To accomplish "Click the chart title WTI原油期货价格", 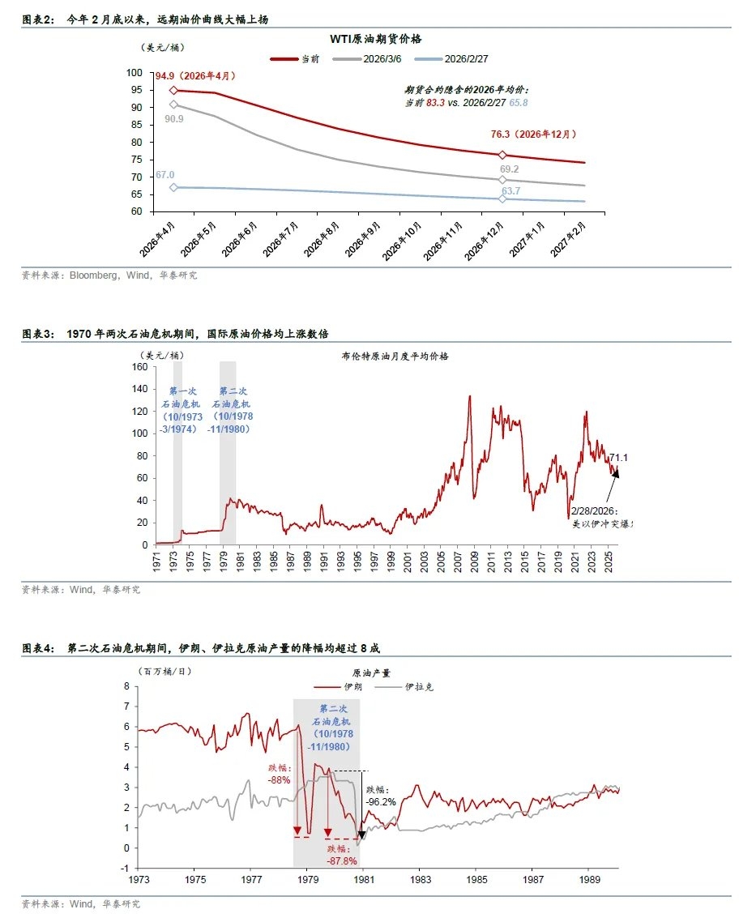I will pyautogui.click(x=375, y=39).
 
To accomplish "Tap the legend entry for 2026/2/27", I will pyautogui.click(x=456, y=58).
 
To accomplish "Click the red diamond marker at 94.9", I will pyautogui.click(x=173, y=90).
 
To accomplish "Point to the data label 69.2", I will pyautogui.click(x=509, y=169).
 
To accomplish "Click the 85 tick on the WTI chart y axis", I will pyautogui.click(x=135, y=125).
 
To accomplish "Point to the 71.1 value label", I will pyautogui.click(x=618, y=458).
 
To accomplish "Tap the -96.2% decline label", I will pyautogui.click(x=381, y=795).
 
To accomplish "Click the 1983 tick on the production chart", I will pyautogui.click(x=419, y=878).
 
